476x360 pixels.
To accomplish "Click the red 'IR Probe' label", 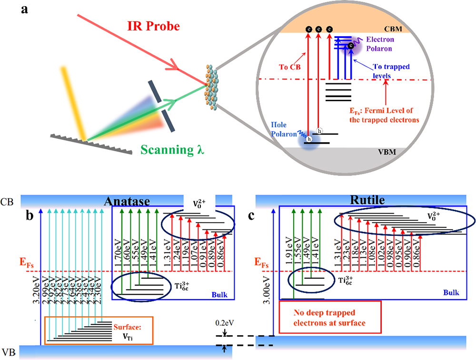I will point(153,26).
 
